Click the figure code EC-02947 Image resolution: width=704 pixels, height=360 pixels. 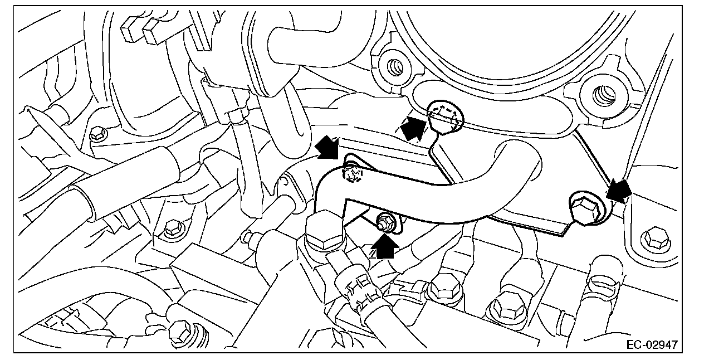(x=659, y=345)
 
